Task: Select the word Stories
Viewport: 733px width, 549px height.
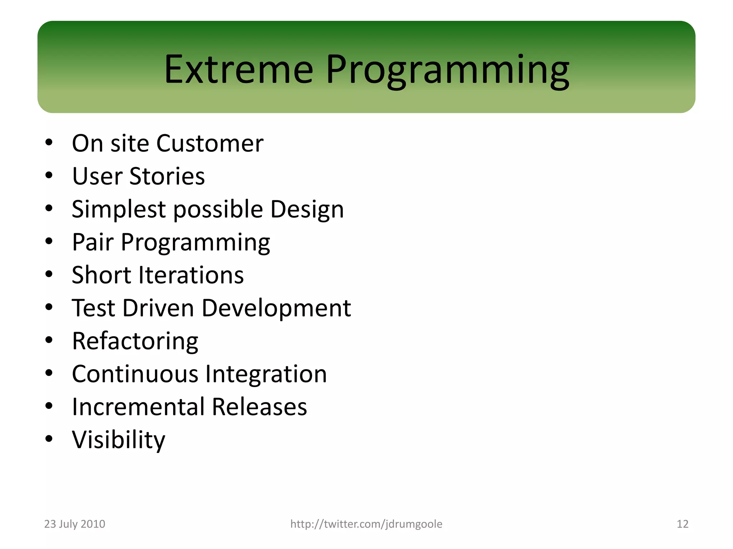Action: [167, 176]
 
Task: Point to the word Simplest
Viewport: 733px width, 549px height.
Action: [118, 209]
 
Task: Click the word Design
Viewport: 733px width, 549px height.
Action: [307, 209]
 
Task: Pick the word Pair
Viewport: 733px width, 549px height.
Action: [93, 242]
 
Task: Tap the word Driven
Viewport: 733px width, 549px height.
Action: [158, 308]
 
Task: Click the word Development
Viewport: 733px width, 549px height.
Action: [276, 308]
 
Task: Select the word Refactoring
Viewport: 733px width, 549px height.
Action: [135, 341]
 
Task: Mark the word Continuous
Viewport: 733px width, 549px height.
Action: [135, 374]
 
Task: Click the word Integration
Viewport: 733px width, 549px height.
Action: [266, 374]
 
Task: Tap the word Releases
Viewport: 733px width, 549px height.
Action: [259, 407]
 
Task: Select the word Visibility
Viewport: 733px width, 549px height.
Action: [118, 440]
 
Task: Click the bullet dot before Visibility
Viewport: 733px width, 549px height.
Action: [49, 439]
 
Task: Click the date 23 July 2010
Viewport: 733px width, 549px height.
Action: [74, 524]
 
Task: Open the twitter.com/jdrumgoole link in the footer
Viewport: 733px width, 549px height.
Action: [366, 524]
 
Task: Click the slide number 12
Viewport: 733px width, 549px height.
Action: [682, 524]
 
